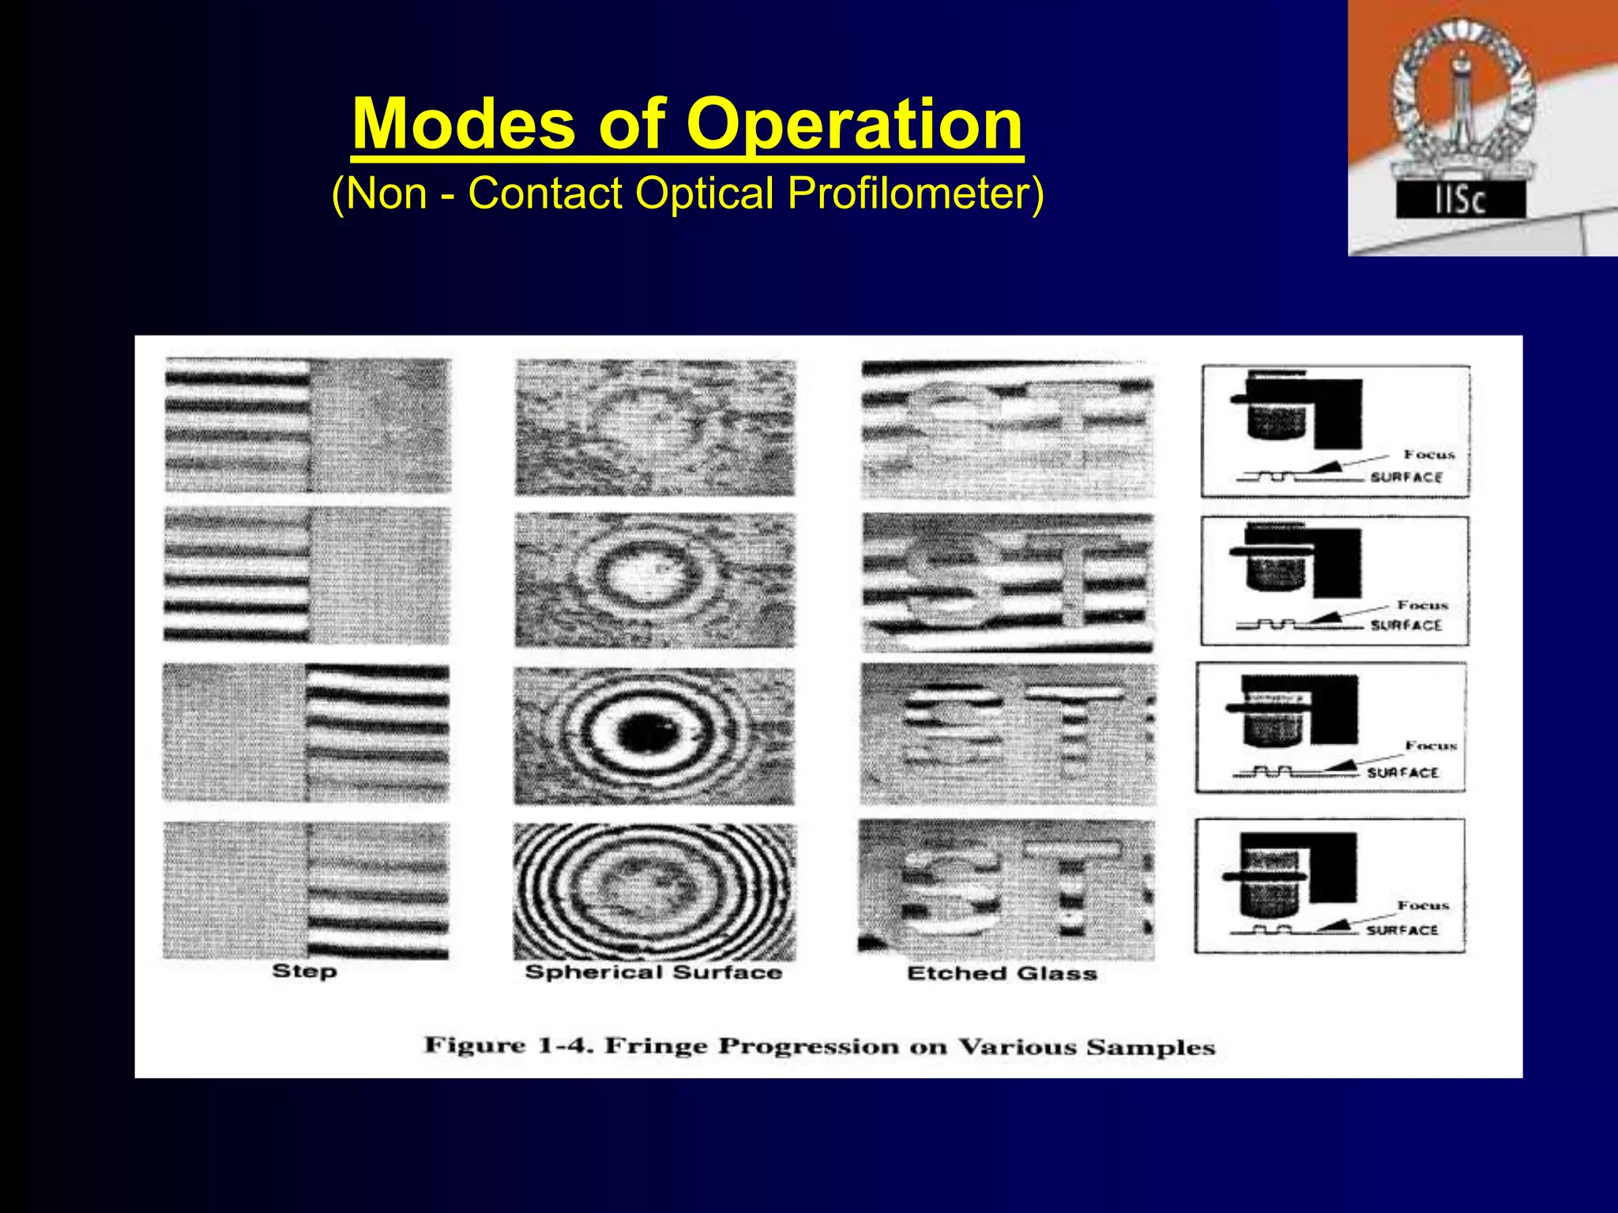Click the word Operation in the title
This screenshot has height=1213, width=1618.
point(854,124)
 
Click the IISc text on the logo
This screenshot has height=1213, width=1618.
point(1460,201)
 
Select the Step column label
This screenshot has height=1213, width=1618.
point(304,971)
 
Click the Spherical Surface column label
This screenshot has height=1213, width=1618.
point(653,972)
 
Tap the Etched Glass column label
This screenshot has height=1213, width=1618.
point(1002,973)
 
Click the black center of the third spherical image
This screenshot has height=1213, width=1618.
point(649,733)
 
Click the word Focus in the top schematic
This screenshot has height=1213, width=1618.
point(1428,454)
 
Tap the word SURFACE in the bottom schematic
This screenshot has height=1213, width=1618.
point(1402,930)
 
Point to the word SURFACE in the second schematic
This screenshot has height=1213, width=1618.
point(1406,625)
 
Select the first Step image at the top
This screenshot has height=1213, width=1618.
point(307,426)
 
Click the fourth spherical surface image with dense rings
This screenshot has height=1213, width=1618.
point(654,891)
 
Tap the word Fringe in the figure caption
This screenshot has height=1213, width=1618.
point(656,1046)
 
